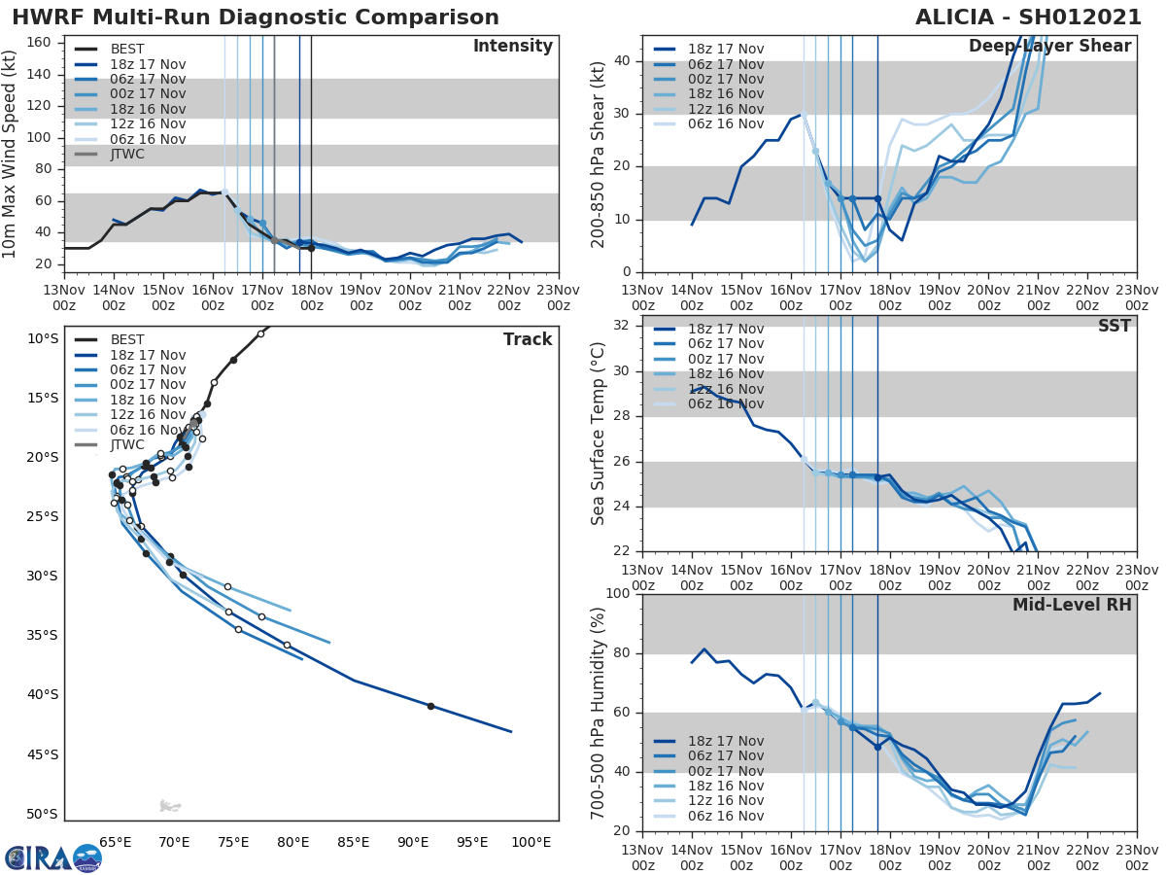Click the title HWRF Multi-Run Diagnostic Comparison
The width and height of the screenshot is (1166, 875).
(x=256, y=17)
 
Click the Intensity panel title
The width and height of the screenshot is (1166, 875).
(x=512, y=47)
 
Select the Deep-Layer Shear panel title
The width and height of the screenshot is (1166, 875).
(x=1049, y=47)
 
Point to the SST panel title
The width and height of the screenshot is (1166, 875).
(x=1114, y=326)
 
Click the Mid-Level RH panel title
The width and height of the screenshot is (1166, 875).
(x=1072, y=605)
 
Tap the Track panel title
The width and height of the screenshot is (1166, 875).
(x=528, y=339)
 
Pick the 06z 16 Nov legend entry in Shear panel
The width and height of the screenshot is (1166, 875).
(x=725, y=123)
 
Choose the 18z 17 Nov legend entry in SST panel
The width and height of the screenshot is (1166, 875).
(x=725, y=329)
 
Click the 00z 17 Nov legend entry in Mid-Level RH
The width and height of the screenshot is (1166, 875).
(x=725, y=771)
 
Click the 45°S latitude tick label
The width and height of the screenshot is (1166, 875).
(x=41, y=754)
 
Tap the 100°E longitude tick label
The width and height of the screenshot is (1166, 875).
(x=532, y=842)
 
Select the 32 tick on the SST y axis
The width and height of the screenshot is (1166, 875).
(x=622, y=326)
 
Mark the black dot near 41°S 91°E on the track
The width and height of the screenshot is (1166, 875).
(x=430, y=706)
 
